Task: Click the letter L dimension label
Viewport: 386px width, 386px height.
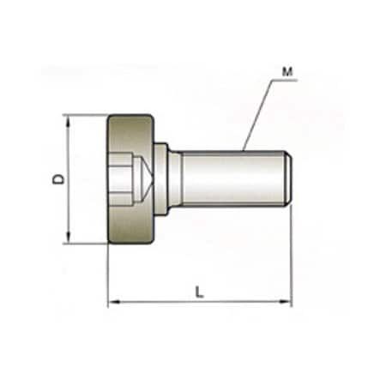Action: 199,292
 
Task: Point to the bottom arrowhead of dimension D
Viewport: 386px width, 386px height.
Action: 68,238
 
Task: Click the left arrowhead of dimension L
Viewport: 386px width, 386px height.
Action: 112,302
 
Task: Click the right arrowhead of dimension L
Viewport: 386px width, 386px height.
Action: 287,302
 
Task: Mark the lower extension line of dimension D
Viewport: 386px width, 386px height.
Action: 86,244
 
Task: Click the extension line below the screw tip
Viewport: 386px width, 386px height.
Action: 292,257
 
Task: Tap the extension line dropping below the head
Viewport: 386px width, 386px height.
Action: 108,274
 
